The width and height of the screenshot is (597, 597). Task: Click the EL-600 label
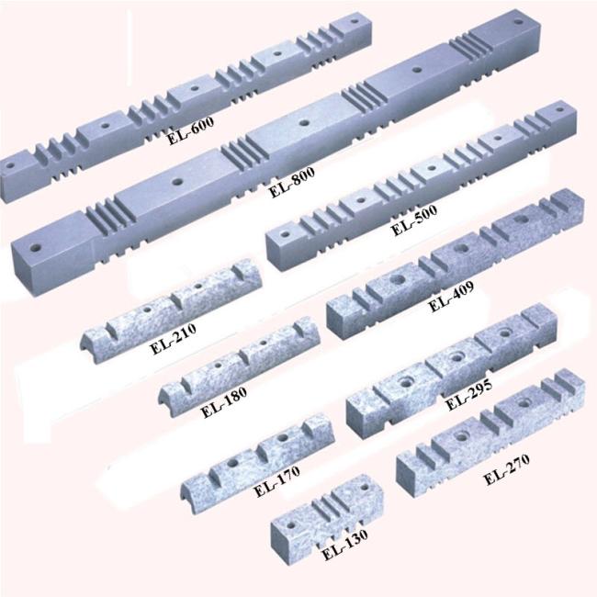click(x=191, y=130)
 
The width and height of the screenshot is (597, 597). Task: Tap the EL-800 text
click(x=292, y=182)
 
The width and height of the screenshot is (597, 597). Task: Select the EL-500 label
click(x=414, y=220)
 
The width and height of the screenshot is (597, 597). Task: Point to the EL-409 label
click(x=452, y=297)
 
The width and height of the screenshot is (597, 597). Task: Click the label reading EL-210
click(x=174, y=339)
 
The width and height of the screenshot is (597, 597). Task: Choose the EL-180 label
click(x=223, y=402)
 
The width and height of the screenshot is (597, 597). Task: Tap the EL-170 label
click(x=276, y=481)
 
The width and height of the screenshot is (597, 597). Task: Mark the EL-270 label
click(x=507, y=469)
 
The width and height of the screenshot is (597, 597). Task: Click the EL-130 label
click(x=345, y=545)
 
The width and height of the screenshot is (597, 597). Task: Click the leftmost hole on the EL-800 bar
click(x=37, y=248)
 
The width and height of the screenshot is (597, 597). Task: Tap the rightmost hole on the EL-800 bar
click(x=518, y=22)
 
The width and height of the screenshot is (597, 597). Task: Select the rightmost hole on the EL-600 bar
click(x=355, y=21)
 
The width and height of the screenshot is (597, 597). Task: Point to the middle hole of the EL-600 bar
click(x=195, y=88)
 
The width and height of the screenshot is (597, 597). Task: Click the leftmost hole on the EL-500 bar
click(x=284, y=233)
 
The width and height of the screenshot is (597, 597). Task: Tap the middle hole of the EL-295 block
click(x=456, y=357)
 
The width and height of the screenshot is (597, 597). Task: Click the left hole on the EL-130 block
click(x=291, y=525)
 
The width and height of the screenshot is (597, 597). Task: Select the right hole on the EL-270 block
click(x=525, y=402)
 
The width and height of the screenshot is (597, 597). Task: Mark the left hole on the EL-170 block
click(x=232, y=463)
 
